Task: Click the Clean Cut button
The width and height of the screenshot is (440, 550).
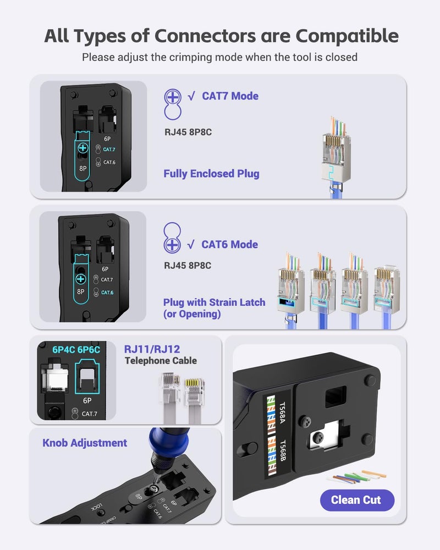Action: [357, 500]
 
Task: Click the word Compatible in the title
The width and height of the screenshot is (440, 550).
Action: [347, 36]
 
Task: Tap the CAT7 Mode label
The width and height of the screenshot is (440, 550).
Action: [230, 96]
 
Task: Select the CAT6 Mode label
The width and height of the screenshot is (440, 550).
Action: [229, 244]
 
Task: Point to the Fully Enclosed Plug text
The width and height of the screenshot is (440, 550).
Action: [211, 174]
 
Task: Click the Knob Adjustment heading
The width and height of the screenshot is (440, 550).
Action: [85, 443]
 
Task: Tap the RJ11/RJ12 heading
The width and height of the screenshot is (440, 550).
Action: [152, 349]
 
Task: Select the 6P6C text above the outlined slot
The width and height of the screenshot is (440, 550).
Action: [89, 349]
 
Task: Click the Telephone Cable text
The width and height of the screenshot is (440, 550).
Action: [161, 361]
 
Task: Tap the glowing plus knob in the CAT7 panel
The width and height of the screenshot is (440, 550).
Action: [83, 147]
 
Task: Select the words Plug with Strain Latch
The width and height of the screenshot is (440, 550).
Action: [214, 302]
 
